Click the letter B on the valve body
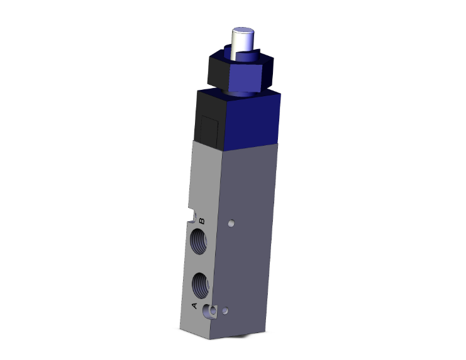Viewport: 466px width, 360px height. point(202,221)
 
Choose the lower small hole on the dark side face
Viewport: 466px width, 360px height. point(227,310)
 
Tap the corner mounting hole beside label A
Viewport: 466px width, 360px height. point(213,310)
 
